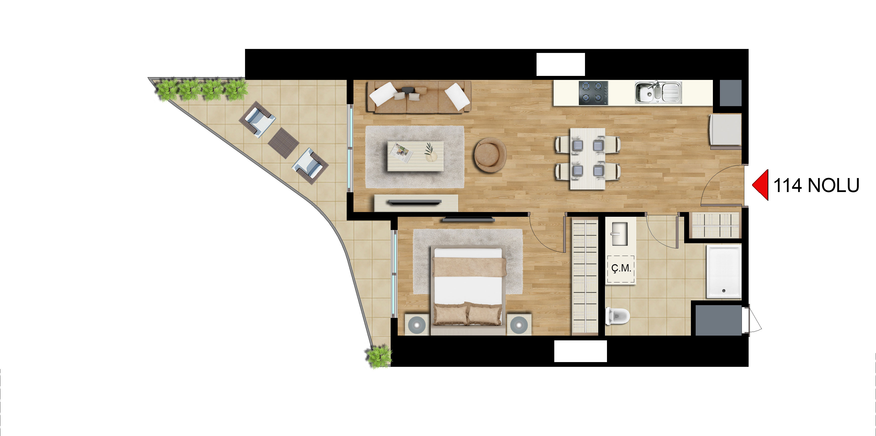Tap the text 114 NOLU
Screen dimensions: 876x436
[816, 185]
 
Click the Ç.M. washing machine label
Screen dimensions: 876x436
[621, 268]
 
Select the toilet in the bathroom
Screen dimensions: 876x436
[617, 316]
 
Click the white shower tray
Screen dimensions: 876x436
[724, 271]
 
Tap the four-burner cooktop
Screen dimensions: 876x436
[593, 92]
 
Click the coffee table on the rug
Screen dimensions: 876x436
[416, 156]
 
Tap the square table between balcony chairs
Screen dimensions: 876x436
[283, 143]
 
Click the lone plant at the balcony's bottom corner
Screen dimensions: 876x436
[378, 356]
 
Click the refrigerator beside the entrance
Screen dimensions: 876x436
[725, 131]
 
